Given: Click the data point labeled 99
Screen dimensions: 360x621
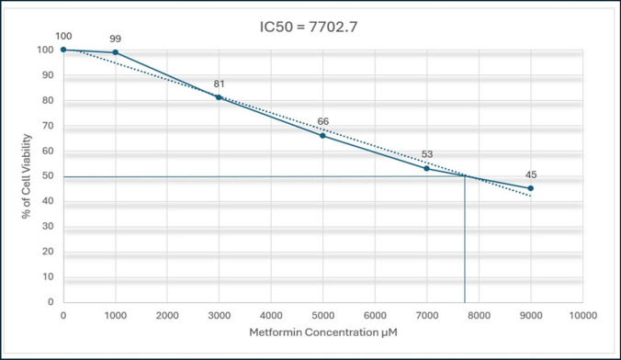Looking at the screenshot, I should (x=115, y=52).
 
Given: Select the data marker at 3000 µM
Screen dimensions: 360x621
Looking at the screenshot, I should (x=219, y=96).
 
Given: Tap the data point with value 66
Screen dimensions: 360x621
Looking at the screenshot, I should (x=322, y=135).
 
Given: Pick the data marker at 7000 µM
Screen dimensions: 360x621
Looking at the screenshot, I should (x=426, y=168).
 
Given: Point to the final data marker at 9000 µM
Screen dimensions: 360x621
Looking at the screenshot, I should (x=531, y=188).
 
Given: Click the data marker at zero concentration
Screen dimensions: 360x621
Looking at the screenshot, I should (x=63, y=50).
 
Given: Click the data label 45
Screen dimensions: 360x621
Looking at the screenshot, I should (x=531, y=174).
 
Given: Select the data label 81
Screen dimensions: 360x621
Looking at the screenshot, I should (x=219, y=83).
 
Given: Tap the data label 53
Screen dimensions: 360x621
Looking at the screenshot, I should (x=426, y=154).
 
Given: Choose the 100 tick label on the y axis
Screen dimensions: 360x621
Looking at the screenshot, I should (x=45, y=50).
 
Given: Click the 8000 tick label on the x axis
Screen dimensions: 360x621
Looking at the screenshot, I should (x=479, y=314).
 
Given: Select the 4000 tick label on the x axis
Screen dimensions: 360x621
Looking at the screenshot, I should (x=271, y=314).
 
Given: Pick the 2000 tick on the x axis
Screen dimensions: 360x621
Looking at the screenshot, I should (x=167, y=314).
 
